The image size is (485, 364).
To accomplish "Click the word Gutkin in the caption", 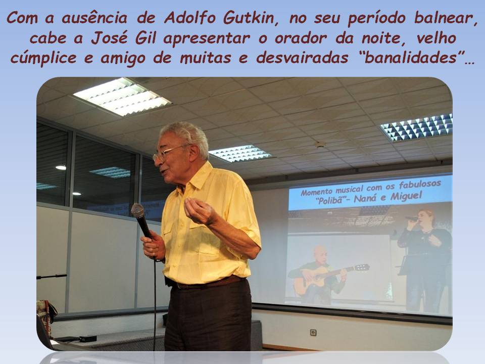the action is [249, 18].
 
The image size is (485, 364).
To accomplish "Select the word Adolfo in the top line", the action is [190, 18].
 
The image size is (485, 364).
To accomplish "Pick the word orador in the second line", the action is [300, 39].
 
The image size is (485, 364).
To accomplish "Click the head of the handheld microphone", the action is [137, 211].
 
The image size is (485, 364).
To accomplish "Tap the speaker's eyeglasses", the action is [170, 153].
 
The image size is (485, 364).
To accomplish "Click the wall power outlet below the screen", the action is [313, 333].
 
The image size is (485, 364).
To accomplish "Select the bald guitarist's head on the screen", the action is [320, 255].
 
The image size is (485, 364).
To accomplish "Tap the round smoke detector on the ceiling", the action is [320, 144].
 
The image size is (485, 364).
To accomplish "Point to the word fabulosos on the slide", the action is [420, 185].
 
